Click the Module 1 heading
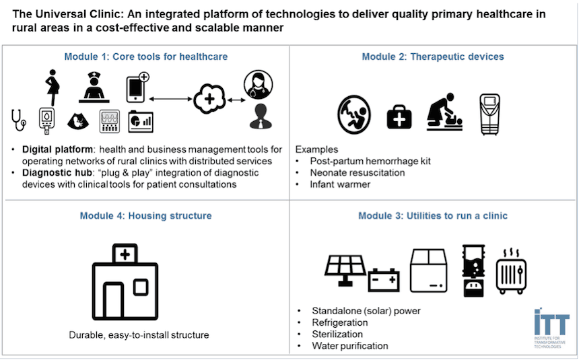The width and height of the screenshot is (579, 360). coord(145,57)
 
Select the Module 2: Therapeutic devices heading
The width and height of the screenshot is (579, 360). coord(432,57)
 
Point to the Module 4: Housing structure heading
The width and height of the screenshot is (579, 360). coord(145,216)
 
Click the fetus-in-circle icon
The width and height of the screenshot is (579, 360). coord(354,112)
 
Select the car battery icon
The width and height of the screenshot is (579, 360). coord(384,278)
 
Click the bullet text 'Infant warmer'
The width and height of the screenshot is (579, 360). coord(341,184)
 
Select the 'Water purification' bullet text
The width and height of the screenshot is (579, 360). coord(349,346)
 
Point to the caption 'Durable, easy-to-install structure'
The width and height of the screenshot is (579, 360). coord(139,335)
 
